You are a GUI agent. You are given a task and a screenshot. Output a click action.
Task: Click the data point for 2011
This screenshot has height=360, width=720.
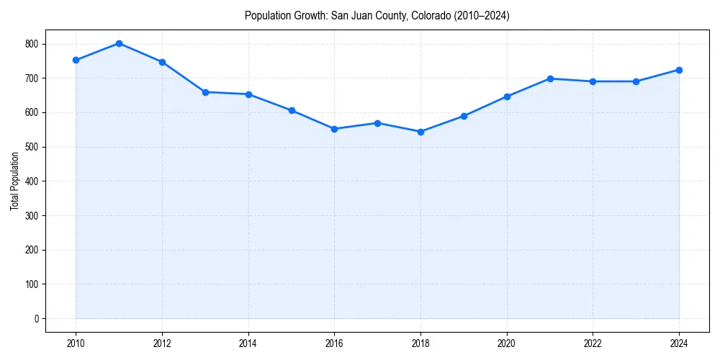coord(119,43)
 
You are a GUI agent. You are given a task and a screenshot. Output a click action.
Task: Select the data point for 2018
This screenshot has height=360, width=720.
coord(420,132)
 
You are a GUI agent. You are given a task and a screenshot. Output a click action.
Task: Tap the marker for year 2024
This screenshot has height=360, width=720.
coord(679,70)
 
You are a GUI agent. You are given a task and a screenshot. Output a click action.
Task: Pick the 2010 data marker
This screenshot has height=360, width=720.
coord(76,60)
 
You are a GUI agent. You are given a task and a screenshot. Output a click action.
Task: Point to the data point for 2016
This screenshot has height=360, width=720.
coord(334,129)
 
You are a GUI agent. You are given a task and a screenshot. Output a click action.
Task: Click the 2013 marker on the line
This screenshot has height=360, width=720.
coord(205,92)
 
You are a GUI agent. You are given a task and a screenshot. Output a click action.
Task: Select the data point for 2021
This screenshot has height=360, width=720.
coord(550,78)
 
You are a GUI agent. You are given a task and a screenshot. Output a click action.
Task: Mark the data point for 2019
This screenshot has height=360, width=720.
coord(464,116)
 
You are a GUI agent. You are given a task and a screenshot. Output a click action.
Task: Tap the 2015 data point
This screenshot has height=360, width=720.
coord(292,110)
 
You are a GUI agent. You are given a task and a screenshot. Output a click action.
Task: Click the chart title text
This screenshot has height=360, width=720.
coord(377,15)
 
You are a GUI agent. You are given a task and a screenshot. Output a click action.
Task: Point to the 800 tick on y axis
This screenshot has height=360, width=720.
coord(32,44)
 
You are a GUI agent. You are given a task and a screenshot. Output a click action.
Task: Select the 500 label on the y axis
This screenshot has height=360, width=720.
coord(32,147)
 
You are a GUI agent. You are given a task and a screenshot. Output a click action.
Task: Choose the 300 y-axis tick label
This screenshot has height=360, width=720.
coord(32,215)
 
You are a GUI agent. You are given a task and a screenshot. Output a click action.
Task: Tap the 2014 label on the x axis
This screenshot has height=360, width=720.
coord(248,343)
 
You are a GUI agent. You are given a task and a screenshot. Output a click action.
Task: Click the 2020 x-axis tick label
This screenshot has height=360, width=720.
coord(507,343)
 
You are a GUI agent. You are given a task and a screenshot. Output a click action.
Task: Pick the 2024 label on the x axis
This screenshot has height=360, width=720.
coord(679,343)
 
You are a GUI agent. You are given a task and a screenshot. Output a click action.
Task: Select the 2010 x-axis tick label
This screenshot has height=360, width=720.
coord(76,343)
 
